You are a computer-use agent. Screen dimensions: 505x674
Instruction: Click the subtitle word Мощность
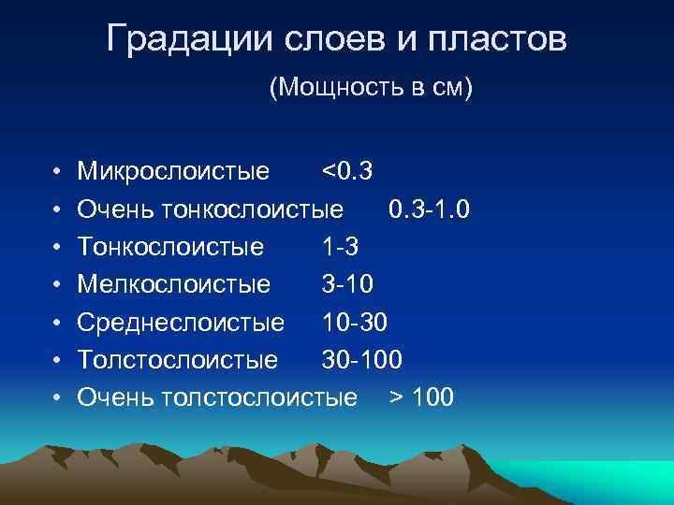click(340, 89)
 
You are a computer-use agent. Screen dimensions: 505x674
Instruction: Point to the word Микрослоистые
click(174, 172)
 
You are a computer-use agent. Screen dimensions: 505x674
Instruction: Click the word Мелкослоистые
click(174, 284)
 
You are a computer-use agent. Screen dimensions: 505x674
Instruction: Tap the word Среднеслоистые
click(181, 323)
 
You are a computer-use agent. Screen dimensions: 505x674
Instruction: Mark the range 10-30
click(355, 323)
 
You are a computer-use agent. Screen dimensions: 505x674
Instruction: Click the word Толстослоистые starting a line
click(177, 360)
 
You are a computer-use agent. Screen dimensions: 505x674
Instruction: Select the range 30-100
click(362, 360)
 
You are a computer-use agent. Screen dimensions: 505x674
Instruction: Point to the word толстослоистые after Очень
click(259, 397)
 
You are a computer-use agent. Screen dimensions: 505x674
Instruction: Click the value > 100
click(421, 397)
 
